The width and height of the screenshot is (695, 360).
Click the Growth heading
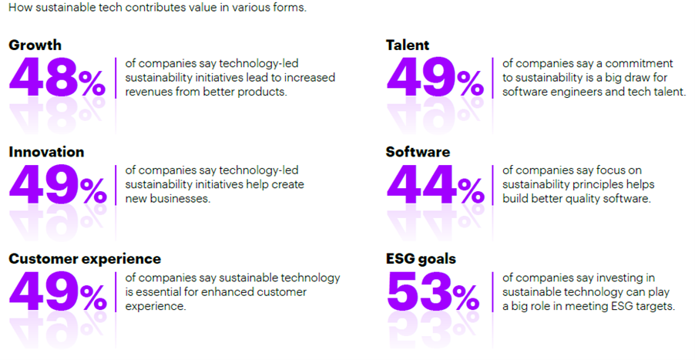pos(35,45)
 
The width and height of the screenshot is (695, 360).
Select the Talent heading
pos(408,45)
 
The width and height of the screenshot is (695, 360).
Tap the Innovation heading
pos(46,152)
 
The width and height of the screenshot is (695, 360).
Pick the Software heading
pos(418,152)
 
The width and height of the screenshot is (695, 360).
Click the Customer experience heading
pos(85,259)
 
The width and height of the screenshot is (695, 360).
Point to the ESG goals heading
pos(421,259)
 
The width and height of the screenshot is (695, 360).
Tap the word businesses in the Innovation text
pos(179,199)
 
